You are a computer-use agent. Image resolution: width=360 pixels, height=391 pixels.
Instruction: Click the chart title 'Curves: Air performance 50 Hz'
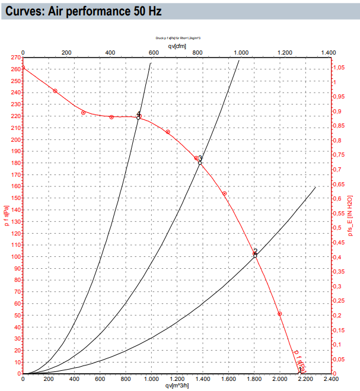point(83,11)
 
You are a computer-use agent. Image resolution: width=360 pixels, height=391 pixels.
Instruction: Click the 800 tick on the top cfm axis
point(198,53)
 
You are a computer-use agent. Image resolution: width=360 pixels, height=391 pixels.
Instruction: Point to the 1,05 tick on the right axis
point(339,68)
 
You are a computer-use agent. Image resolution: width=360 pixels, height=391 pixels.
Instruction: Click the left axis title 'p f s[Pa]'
point(7,216)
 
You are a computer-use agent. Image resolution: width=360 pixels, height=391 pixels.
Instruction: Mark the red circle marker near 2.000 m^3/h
point(279,314)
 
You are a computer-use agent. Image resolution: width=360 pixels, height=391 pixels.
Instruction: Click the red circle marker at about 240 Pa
point(55,91)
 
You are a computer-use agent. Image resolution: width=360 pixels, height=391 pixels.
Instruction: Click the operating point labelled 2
point(255,255)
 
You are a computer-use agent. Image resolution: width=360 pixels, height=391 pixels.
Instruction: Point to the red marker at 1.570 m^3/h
point(224,193)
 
